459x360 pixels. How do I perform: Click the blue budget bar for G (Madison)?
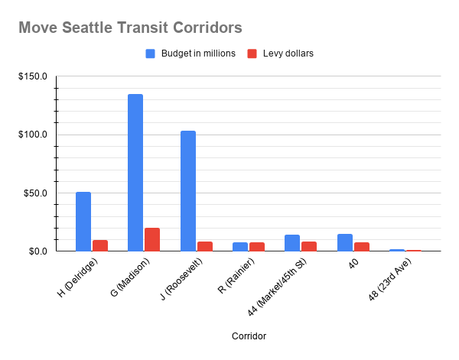click(135, 173)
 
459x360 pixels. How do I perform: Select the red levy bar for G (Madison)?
click(152, 239)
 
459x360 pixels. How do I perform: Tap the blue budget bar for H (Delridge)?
click(83, 222)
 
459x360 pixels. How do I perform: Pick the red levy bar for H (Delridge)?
click(100, 245)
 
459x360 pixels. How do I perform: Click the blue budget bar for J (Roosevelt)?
click(188, 191)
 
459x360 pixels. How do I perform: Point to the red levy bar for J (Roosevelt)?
click(205, 246)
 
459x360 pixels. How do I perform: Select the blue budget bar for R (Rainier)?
click(240, 247)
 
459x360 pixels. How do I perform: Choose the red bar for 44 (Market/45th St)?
click(309, 246)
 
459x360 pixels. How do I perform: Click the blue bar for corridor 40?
click(345, 242)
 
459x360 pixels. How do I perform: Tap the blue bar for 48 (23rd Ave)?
click(397, 250)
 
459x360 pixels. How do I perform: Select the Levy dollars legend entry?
click(281, 54)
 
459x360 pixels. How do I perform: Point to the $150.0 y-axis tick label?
click(34, 76)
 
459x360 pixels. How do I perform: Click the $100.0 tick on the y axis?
click(34, 135)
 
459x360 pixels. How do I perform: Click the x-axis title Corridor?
click(248, 336)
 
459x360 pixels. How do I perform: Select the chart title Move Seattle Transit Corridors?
click(130, 28)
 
